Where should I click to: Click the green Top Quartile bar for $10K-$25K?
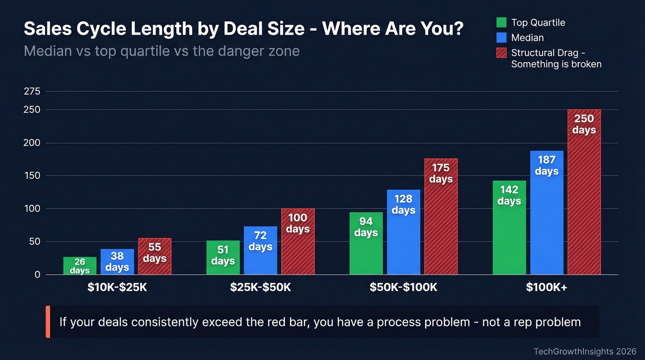80,266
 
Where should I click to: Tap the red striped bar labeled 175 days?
441,217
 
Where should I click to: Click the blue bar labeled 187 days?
546,212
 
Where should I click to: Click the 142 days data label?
509,195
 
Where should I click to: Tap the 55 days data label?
154,253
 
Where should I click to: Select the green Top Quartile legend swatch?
501,23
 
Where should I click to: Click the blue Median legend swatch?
501,38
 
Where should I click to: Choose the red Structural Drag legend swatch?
501,53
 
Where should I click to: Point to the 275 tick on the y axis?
32,91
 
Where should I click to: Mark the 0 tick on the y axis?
37,275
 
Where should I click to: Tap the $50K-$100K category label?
403,288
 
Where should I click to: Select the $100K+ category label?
546,288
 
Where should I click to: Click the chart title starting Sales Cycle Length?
243,29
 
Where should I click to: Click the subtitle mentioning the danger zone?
161,51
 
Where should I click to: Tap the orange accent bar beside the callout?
48,322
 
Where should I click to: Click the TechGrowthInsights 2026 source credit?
584,352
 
